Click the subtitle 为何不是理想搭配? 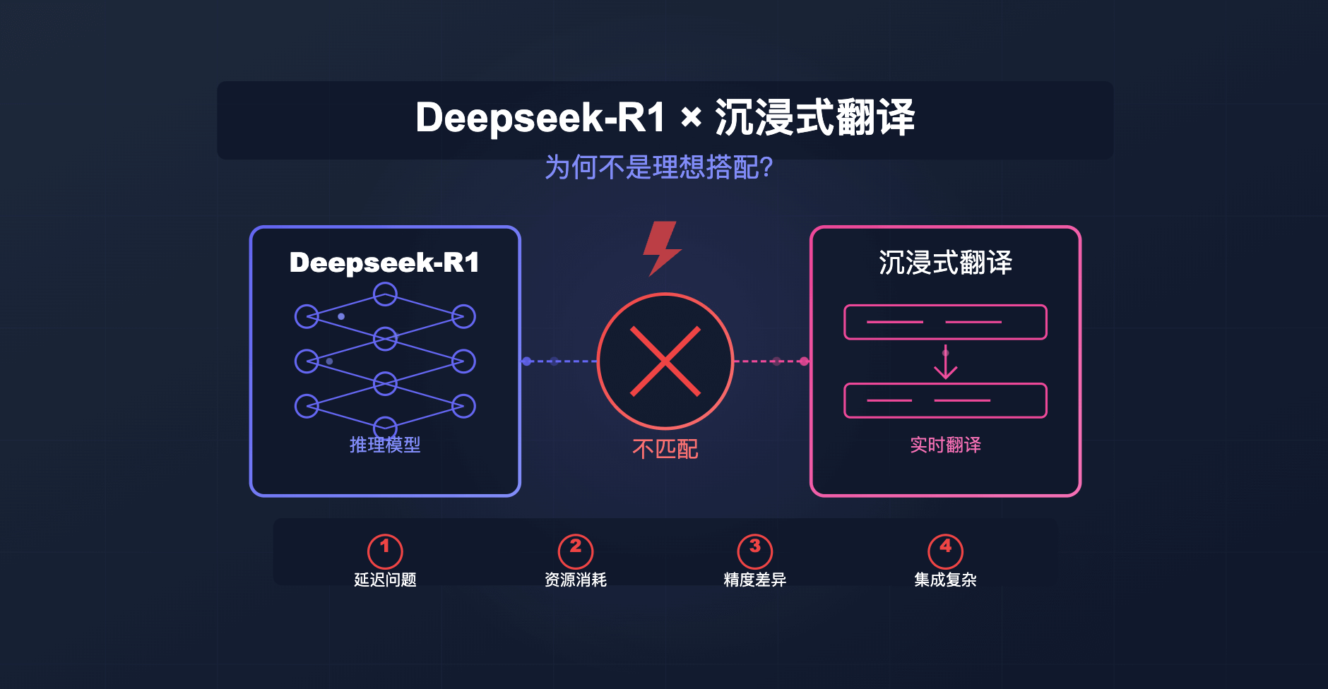(658, 168)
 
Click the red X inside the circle (665, 361)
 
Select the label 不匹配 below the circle (665, 449)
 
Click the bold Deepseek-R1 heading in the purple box (384, 263)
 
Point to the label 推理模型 (385, 445)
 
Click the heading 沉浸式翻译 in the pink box (945, 263)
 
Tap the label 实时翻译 (945, 445)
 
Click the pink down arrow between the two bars (945, 363)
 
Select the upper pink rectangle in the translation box (945, 322)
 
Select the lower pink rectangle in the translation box (945, 400)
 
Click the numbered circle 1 (385, 551)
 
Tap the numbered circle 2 (576, 551)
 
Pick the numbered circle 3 (755, 551)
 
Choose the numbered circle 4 (945, 551)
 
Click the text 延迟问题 (385, 580)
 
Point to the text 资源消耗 (576, 580)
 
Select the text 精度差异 (755, 580)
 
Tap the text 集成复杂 (945, 580)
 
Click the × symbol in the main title (691, 117)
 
